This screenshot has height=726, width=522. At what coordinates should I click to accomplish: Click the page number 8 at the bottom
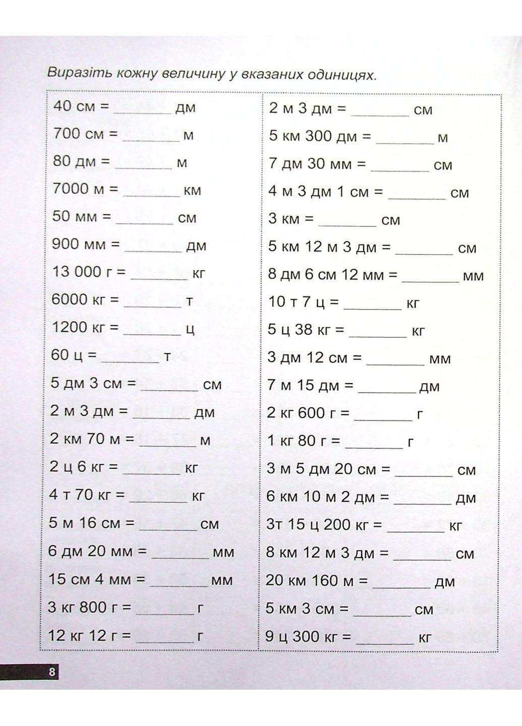click(51, 672)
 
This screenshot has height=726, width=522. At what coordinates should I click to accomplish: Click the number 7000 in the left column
click(71, 189)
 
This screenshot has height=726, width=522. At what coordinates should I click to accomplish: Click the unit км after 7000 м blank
click(192, 191)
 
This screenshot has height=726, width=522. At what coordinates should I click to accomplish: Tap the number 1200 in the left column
click(70, 327)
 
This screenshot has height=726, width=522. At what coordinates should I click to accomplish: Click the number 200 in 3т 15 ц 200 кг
click(337, 525)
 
